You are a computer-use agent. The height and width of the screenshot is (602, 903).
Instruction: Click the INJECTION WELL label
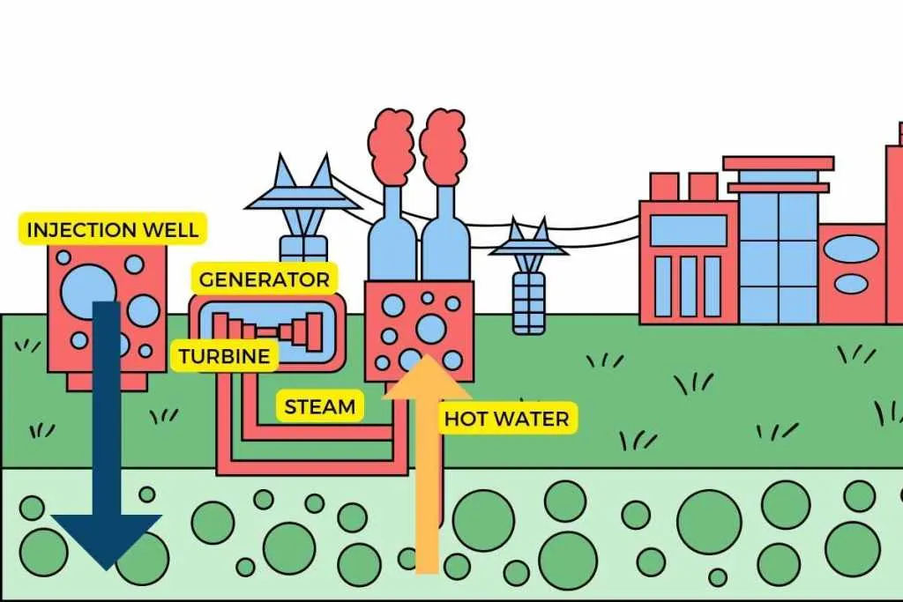[112, 231]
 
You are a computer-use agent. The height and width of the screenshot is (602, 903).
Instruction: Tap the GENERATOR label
[264, 280]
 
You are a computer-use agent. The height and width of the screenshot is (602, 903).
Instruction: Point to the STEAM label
[320, 407]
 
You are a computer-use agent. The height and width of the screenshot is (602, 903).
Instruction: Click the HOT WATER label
[507, 419]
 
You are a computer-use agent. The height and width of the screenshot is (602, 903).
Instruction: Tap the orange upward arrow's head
[427, 379]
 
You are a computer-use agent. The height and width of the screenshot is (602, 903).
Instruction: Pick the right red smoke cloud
[443, 145]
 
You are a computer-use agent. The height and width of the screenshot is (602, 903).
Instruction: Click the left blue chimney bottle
[392, 238]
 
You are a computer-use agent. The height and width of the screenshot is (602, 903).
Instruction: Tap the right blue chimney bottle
[444, 238]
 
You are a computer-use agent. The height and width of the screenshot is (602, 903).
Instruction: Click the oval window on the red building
[854, 251]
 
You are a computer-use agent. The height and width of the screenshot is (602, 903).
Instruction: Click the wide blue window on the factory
[688, 231]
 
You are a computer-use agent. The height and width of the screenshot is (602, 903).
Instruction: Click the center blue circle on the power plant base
[430, 328]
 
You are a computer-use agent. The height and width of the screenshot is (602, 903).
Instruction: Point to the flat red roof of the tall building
[778, 163]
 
